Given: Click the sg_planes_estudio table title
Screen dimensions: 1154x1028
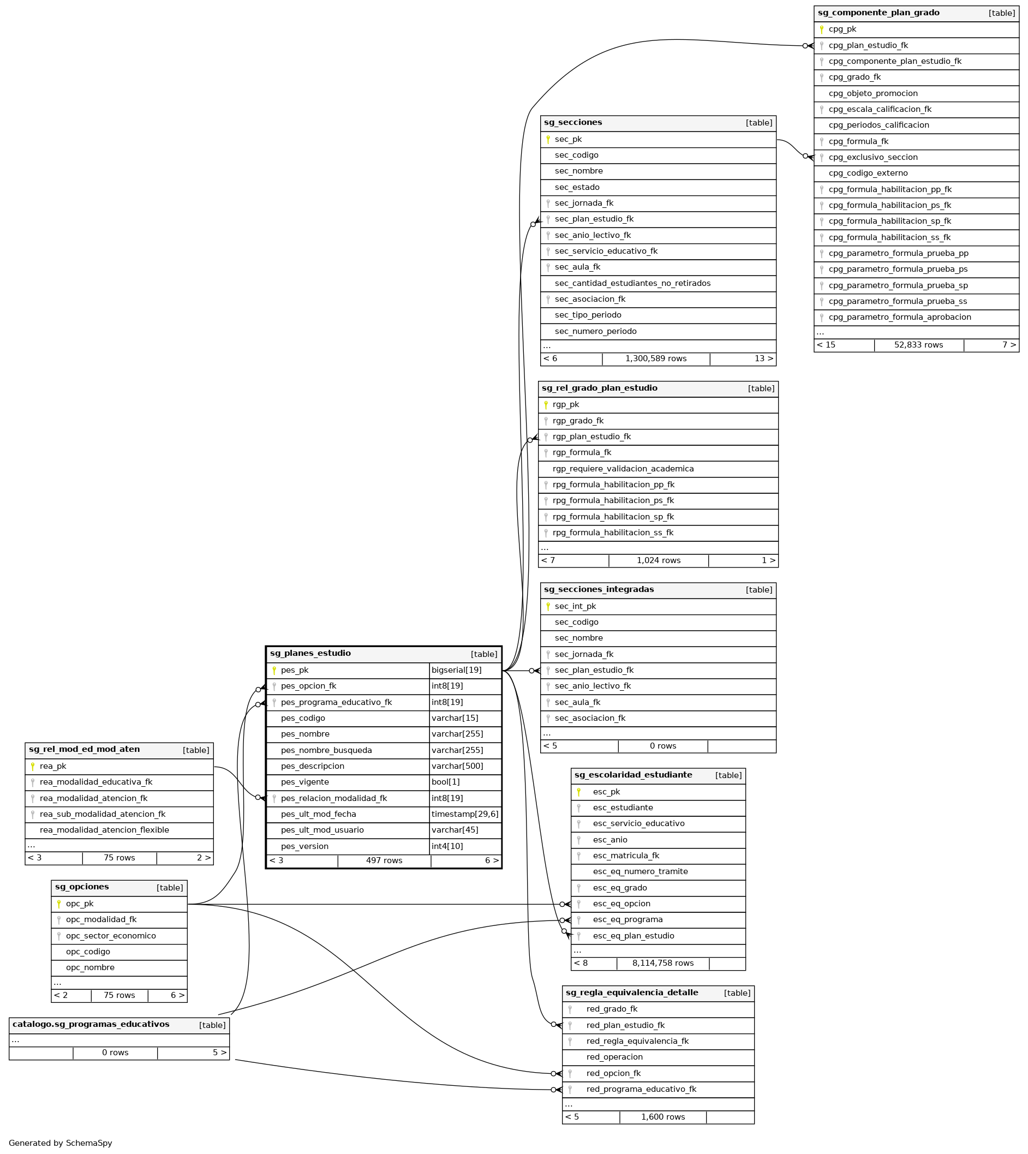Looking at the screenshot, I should [x=310, y=654].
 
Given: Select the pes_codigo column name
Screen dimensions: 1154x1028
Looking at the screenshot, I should [x=303, y=719].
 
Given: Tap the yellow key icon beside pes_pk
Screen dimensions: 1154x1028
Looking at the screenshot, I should [x=274, y=671].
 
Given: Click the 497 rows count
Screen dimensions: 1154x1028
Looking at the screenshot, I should [x=384, y=861].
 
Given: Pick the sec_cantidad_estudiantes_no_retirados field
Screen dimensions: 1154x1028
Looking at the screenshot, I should [x=632, y=284].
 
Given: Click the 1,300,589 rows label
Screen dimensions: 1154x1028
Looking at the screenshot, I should [x=656, y=358].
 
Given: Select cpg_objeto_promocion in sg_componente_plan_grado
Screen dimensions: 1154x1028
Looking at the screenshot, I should [x=872, y=94].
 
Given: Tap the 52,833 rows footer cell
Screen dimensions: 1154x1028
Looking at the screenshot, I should [x=918, y=345].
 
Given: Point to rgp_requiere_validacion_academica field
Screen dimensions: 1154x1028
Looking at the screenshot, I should [x=623, y=469].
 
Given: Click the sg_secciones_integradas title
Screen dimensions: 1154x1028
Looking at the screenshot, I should [x=599, y=590].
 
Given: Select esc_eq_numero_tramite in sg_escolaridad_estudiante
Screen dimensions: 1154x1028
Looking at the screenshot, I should [x=640, y=871].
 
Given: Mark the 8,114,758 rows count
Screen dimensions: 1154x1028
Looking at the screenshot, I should [x=662, y=963].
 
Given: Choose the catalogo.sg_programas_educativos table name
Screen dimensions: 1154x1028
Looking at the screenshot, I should [x=91, y=1024].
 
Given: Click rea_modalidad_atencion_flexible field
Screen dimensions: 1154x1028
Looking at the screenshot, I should [x=105, y=830].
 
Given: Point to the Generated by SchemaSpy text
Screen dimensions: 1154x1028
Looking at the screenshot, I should [x=61, y=1143].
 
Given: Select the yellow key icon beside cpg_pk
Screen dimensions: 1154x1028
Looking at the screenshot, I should [x=821, y=29].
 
